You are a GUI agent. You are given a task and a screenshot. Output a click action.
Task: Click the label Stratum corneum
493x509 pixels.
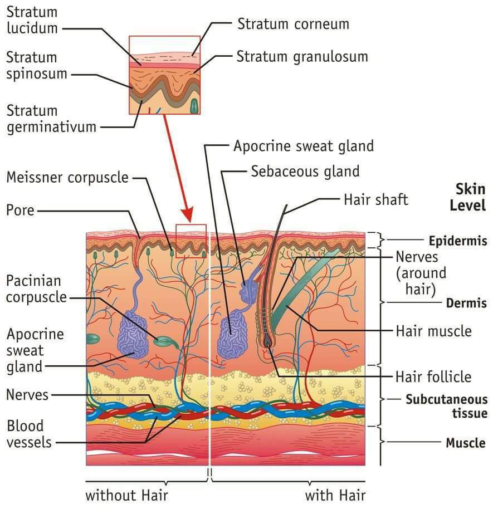[293, 24]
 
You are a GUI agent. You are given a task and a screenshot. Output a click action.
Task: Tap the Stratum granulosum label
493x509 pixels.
[302, 56]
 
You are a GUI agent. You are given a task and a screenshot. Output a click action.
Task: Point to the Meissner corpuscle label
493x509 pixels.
[67, 178]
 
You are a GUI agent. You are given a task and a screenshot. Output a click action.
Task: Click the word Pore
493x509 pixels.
[20, 211]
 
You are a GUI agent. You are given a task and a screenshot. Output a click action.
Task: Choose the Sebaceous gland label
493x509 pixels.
[305, 170]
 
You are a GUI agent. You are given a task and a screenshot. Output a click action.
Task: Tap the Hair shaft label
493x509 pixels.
[376, 199]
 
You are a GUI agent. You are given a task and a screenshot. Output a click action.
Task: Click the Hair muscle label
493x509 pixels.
[433, 331]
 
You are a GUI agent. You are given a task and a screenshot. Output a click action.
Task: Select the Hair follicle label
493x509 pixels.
[433, 376]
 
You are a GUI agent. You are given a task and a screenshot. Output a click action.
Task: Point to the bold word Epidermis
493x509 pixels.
[458, 241]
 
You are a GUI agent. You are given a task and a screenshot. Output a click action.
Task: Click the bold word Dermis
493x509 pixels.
[466, 304]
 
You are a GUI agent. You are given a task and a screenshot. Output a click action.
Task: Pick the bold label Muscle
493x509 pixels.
[466, 443]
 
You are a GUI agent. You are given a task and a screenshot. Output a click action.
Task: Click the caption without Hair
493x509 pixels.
[126, 495]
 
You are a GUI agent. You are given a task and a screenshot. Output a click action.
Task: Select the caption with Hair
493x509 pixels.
[335, 495]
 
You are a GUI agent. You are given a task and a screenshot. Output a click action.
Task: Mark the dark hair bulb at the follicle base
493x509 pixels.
[269, 341]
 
